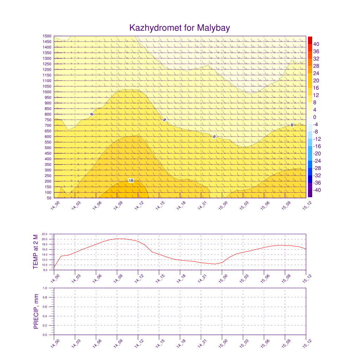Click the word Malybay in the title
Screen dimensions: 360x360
coord(213,28)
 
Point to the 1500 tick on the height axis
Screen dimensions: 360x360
coord(47,36)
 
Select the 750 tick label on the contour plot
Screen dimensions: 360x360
coord(48,120)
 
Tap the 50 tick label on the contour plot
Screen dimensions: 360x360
coord(49,198)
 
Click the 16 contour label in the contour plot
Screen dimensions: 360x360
coord(131,180)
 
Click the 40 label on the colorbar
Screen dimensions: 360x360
coord(316,44)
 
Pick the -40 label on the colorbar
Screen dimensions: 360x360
coord(317,190)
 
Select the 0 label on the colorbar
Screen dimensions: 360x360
coord(315,117)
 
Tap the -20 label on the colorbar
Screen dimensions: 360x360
coord(317,154)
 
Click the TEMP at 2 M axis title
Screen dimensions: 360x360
coord(36,252)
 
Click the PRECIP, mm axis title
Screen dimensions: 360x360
coord(36,311)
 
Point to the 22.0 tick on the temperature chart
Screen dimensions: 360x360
coord(45,234)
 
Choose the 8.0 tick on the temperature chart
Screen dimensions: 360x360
coord(45,270)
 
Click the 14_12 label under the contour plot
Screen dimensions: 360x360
coord(139,205)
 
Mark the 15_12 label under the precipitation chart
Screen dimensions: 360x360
coord(307,343)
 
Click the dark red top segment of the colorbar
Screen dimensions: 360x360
coord(310,40)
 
